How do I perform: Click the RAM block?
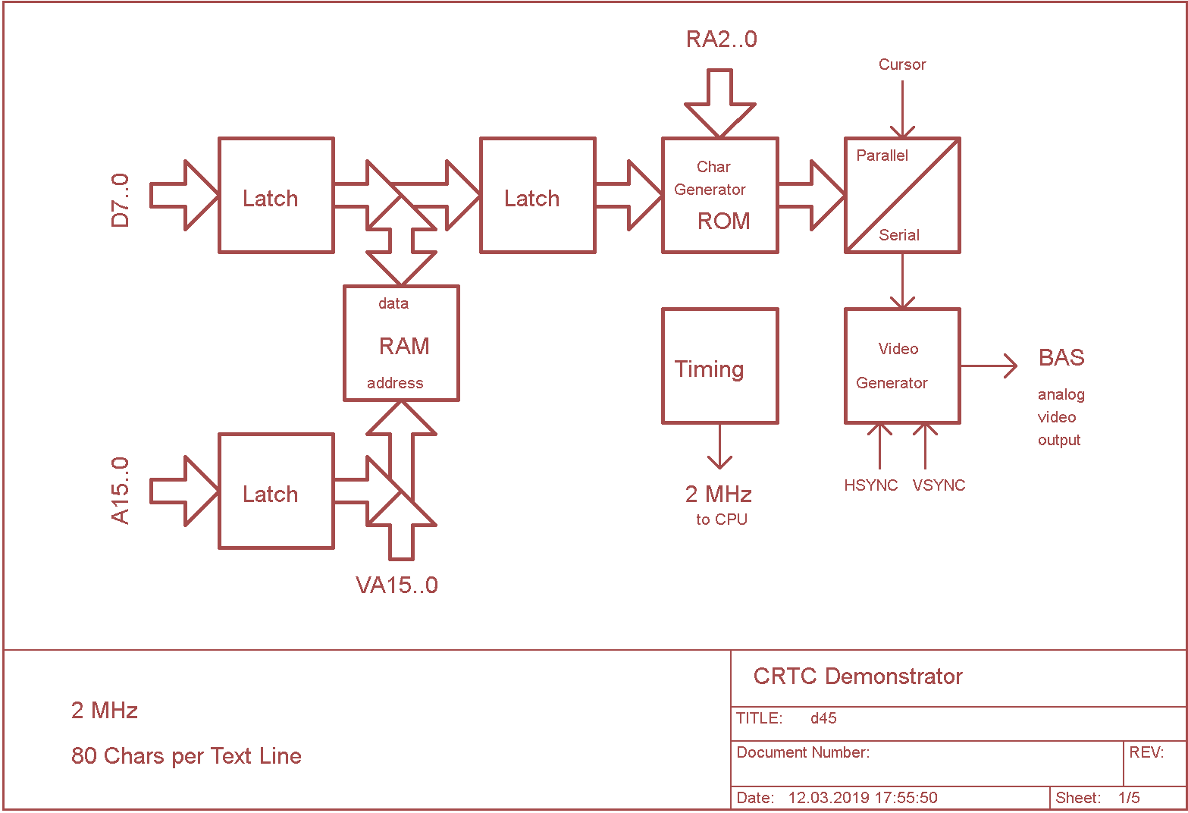(401, 344)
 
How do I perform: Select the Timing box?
(719, 366)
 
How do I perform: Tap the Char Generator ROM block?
(719, 196)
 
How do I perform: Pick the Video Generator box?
(902, 366)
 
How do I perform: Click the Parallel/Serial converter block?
(902, 196)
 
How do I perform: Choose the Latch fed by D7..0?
(276, 196)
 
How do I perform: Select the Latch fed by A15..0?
(276, 491)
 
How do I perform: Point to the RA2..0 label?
(721, 39)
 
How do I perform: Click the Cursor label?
(902, 65)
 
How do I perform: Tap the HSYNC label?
(870, 485)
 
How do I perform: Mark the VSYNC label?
(939, 485)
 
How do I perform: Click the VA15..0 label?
(397, 585)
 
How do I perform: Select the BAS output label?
(1061, 358)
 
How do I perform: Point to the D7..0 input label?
(121, 200)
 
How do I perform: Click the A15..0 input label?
(121, 491)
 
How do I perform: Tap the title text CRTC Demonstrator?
(857, 676)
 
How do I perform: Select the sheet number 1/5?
(1129, 798)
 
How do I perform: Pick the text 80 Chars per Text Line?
(187, 756)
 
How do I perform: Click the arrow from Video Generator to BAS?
(989, 366)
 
